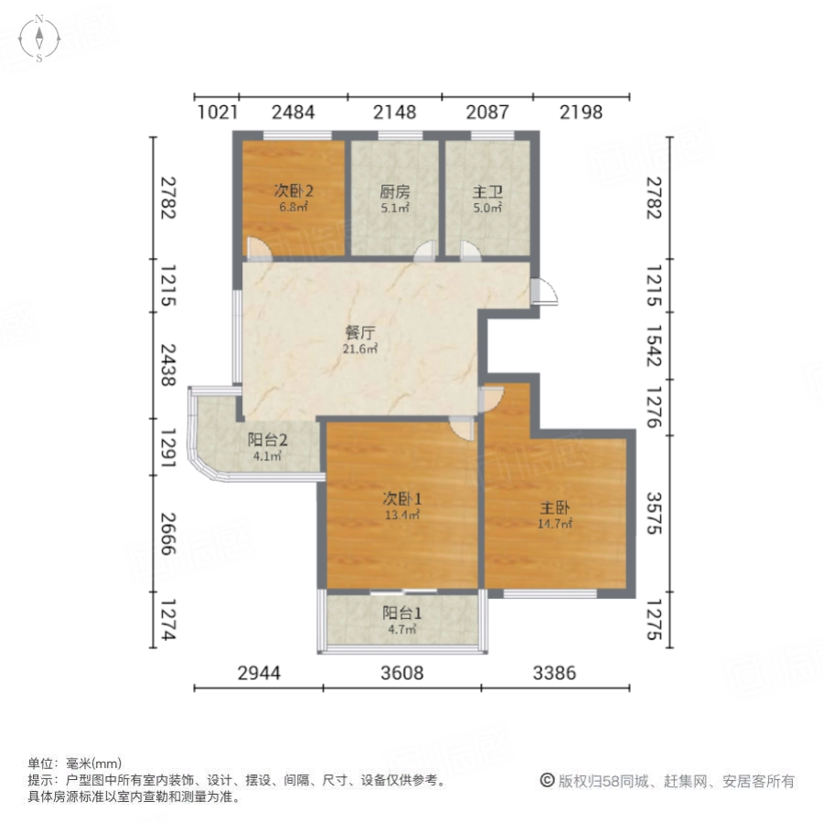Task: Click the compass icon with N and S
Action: tap(39, 38)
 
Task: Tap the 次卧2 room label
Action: tap(293, 191)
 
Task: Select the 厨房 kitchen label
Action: tap(395, 192)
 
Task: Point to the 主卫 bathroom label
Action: tap(487, 192)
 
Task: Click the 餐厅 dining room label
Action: tap(360, 333)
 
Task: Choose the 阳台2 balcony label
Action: tap(267, 440)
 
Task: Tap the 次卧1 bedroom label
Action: tap(402, 498)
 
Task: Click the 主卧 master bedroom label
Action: tap(555, 508)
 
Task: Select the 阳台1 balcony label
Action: tap(402, 613)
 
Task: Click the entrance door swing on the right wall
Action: tap(544, 292)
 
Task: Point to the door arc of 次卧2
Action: tap(259, 250)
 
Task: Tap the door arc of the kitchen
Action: tap(424, 251)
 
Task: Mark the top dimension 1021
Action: tap(218, 112)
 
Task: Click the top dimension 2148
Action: tap(395, 112)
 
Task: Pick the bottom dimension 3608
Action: tap(402, 673)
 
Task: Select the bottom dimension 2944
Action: tap(260, 673)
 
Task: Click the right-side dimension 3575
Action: tap(654, 513)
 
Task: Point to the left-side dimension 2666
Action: tap(168, 533)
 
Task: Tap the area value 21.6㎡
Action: tap(360, 348)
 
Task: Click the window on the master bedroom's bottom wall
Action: tap(550, 593)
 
